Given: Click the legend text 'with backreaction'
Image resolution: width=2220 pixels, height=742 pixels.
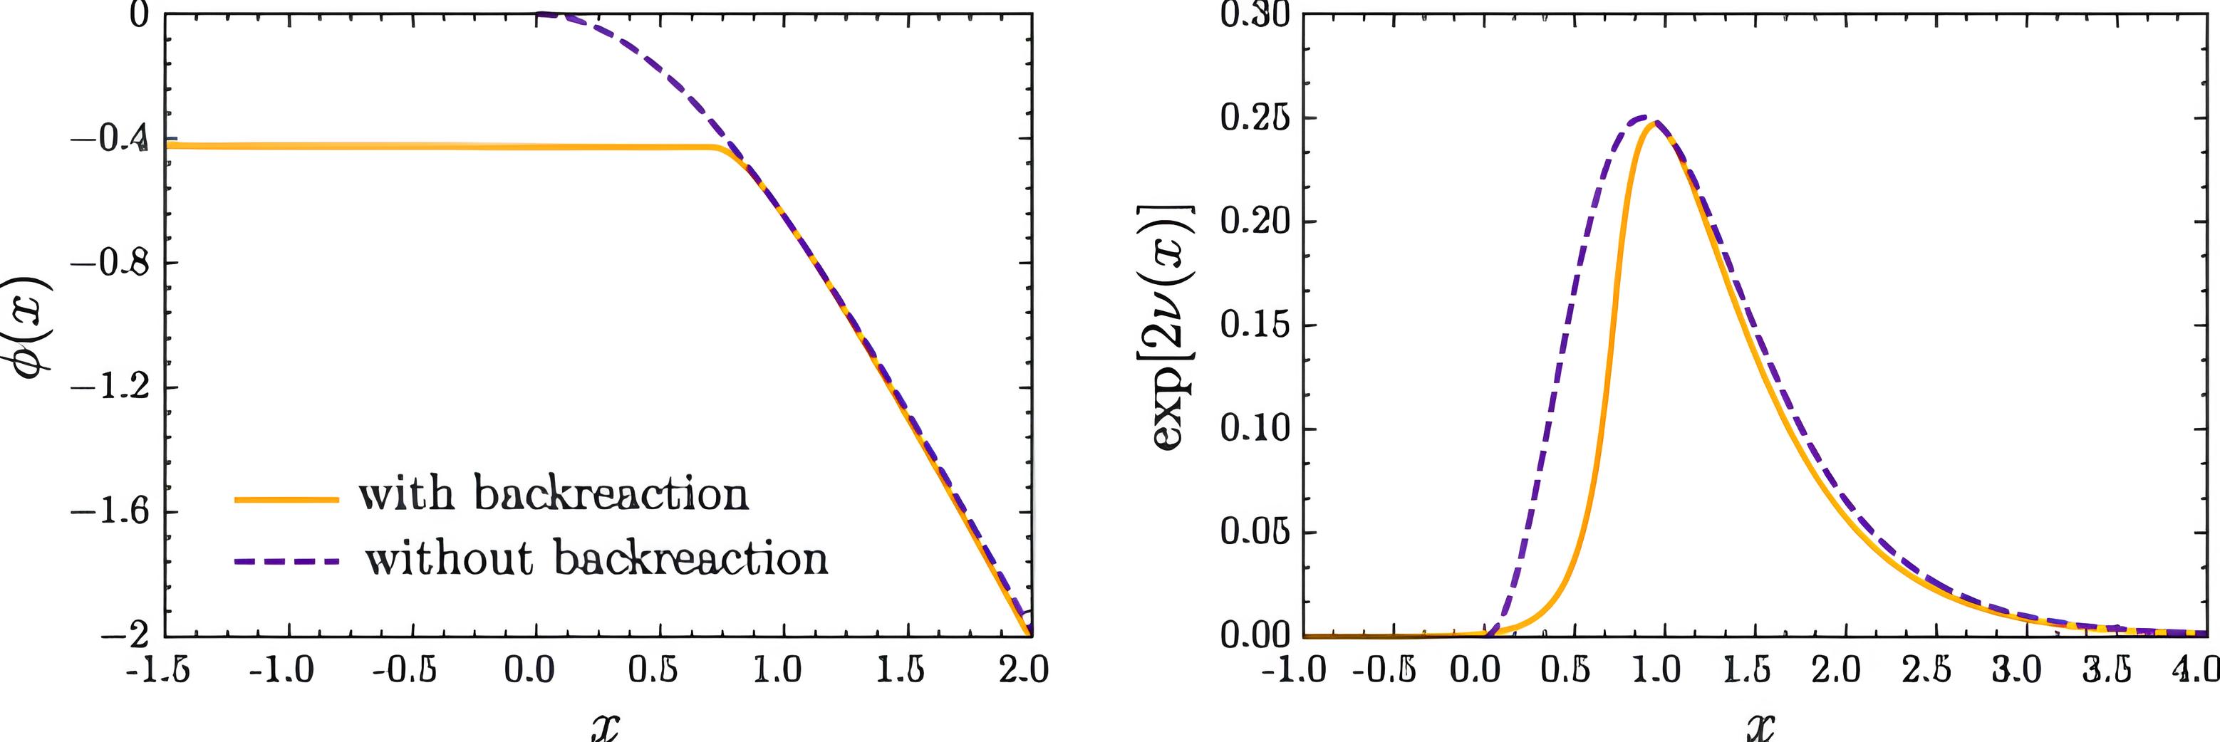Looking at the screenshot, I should click(x=554, y=496).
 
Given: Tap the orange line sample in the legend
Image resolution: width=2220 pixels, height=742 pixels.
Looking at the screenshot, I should click(x=286, y=499).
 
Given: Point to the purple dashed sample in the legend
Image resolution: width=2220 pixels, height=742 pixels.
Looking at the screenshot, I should click(x=286, y=561).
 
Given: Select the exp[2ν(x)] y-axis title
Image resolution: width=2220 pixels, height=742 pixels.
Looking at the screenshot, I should click(x=1174, y=327).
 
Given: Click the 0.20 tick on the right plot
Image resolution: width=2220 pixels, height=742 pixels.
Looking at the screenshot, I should click(x=1255, y=221).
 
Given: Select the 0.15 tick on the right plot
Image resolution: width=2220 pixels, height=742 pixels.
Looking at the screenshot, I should click(x=1255, y=325).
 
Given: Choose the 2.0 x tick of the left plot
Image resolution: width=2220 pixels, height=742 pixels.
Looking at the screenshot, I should click(x=1024, y=671).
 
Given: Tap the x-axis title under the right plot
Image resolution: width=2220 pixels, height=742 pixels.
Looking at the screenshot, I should click(x=1755, y=726).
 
